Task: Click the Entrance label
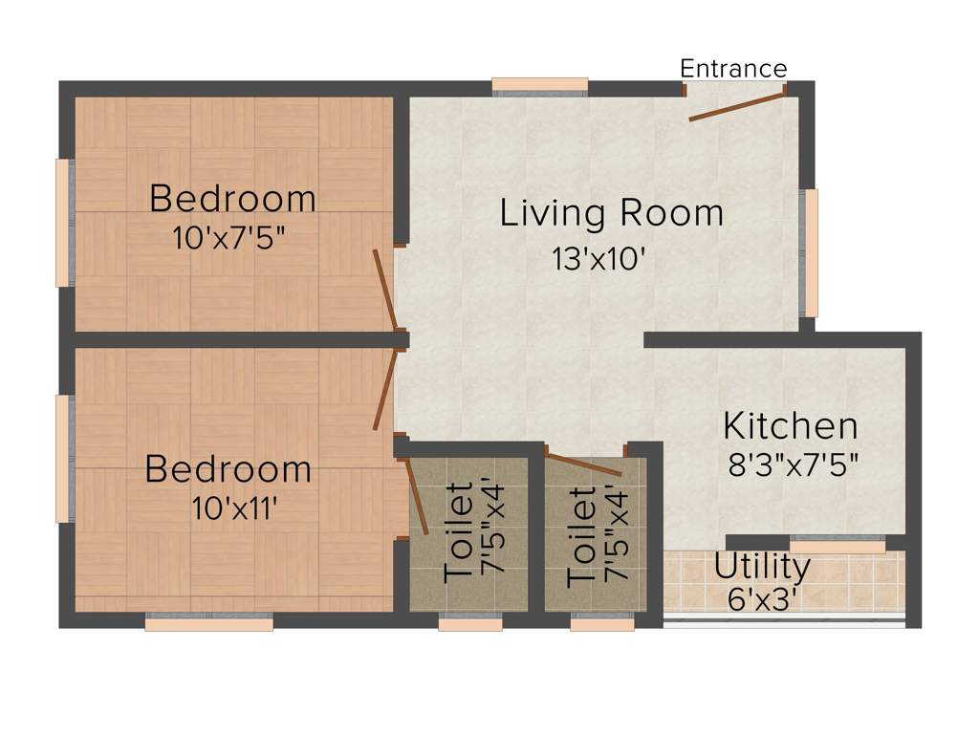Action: [733, 69]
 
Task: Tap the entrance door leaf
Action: [732, 108]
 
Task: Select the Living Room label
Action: [612, 213]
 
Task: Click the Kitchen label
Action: [790, 425]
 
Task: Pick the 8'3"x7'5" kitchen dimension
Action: [793, 465]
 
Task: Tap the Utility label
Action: [762, 567]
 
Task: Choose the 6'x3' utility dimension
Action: [762, 598]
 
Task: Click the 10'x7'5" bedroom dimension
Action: [229, 238]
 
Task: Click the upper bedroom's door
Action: [384, 291]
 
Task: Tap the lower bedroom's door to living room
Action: [385, 390]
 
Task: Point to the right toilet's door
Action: [583, 465]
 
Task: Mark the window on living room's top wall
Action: [540, 86]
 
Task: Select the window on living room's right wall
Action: [811, 252]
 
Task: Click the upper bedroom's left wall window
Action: [63, 223]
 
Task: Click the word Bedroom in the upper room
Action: [232, 199]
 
